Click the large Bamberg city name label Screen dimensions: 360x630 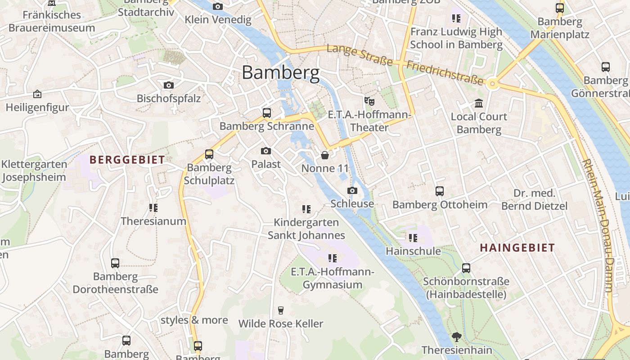[281, 72]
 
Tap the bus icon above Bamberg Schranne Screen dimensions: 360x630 [267, 113]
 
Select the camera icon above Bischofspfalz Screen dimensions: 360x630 [169, 85]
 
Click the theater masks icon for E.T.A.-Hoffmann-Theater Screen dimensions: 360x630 [369, 101]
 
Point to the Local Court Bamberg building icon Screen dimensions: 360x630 [479, 103]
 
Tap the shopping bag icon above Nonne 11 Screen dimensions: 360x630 [325, 155]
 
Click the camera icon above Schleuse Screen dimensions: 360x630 [352, 191]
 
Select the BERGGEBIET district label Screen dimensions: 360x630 [127, 159]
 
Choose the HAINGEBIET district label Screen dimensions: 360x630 [517, 247]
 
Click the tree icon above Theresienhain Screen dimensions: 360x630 [457, 337]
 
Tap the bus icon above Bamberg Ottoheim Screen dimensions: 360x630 [440, 191]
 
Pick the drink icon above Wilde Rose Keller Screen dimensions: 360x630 [281, 310]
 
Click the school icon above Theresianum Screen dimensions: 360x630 [153, 208]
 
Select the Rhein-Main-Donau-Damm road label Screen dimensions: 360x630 [598, 225]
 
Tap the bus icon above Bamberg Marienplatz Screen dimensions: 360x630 [560, 8]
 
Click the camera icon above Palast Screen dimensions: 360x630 [266, 151]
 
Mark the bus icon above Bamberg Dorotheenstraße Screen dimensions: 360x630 [115, 263]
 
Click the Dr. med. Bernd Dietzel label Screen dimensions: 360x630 [534, 200]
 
